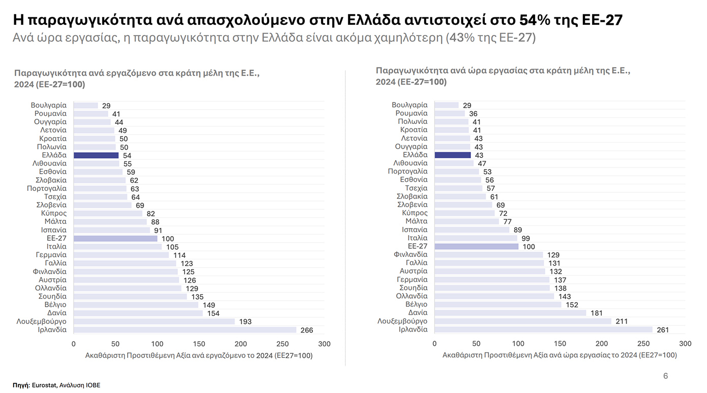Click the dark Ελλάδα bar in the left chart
96,155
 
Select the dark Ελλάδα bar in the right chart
453,155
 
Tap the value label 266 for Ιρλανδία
307,330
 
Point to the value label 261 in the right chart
663,330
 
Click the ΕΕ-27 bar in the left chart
115,239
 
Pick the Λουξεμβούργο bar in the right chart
523,321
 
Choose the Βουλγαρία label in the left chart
49,105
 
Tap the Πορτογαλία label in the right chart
407,171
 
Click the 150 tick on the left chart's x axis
199,344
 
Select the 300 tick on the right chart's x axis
685,344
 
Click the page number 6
666,376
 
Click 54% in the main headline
534,20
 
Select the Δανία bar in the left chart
138,313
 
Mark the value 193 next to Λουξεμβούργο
245,322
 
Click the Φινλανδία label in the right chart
410,254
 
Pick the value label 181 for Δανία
597,313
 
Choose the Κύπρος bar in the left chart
108,214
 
